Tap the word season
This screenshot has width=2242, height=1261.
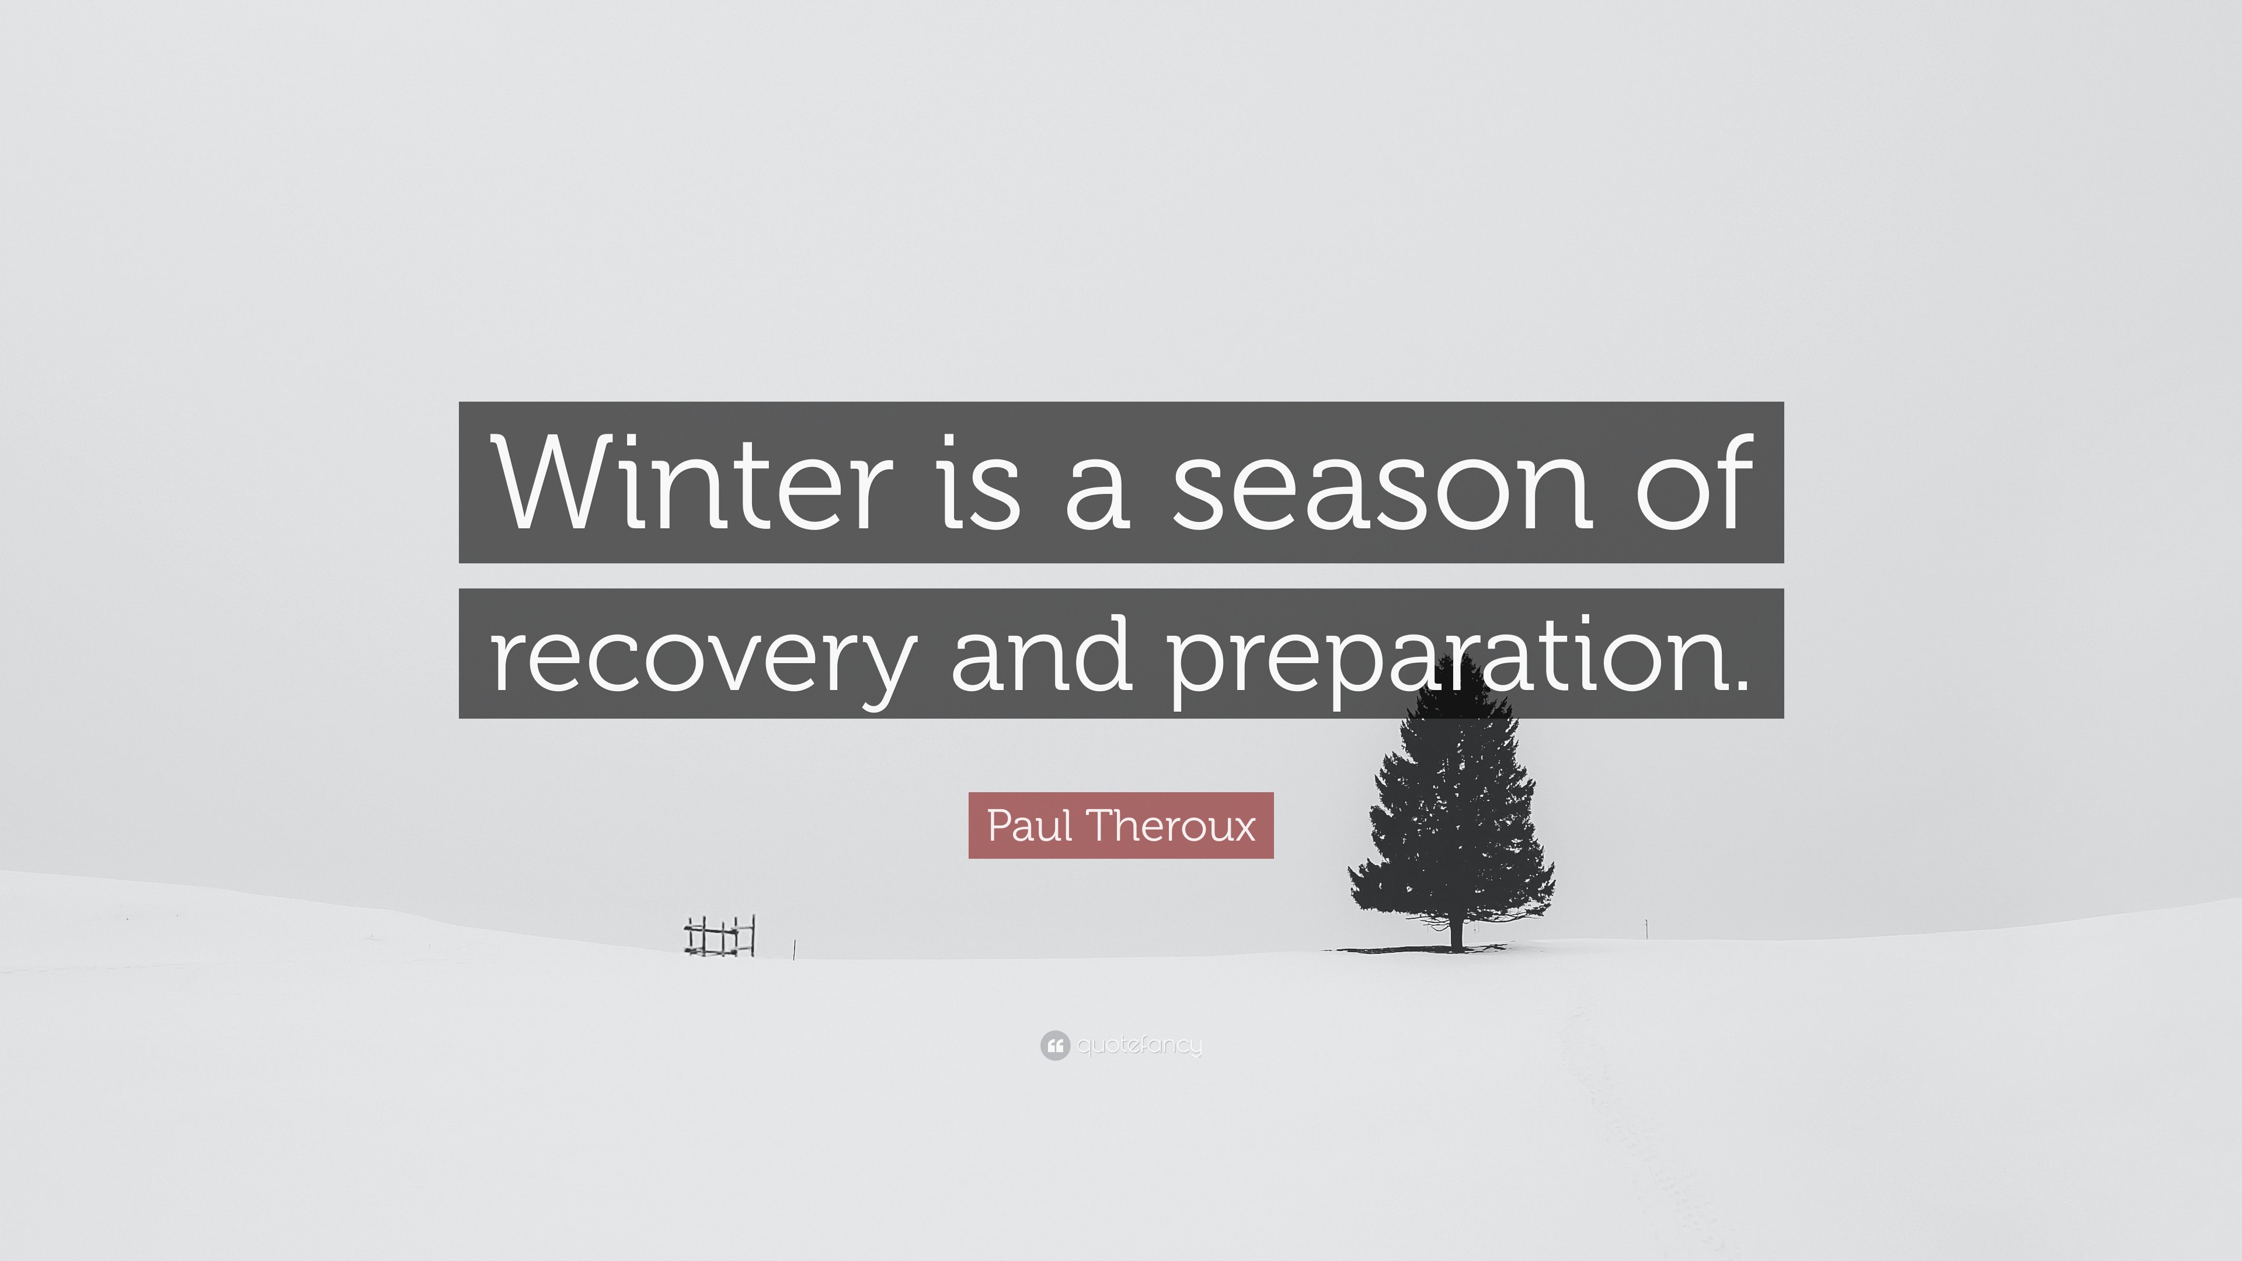coord(1381,484)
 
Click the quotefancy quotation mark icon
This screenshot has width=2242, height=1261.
coord(1055,1045)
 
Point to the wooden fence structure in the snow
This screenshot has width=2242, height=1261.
coord(720,935)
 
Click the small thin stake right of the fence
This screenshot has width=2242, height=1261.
coord(795,949)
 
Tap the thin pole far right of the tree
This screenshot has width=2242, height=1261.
coord(1646,928)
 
